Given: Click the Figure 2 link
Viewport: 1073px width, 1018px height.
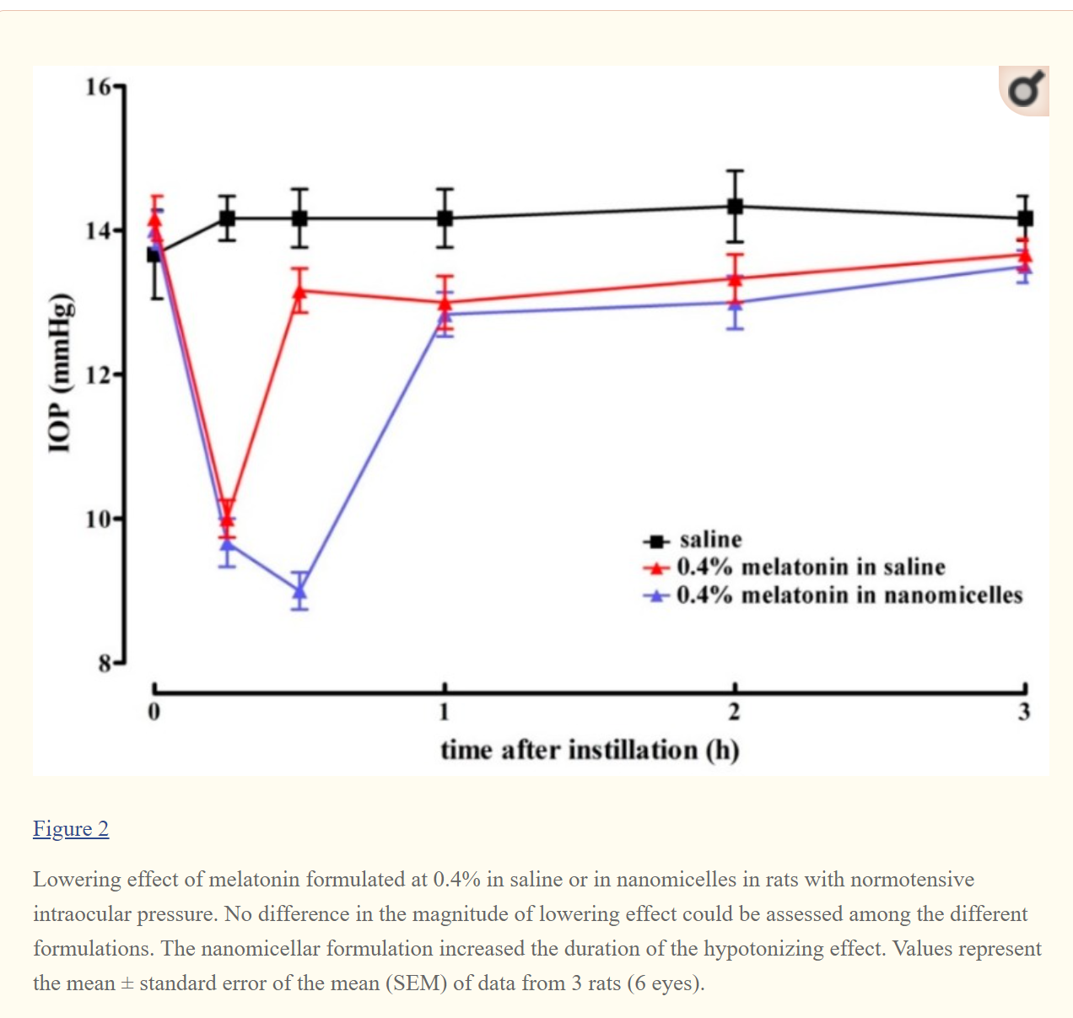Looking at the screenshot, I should pos(71,829).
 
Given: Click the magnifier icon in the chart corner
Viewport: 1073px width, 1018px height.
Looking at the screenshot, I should pos(1025,90).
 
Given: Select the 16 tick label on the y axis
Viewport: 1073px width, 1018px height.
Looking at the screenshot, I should pos(98,87).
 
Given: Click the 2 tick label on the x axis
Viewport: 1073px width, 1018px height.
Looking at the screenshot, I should pos(734,712).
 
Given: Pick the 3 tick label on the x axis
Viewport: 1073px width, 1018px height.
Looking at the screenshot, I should pos(1024,712).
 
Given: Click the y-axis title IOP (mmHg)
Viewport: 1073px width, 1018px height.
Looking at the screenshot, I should pos(59,374).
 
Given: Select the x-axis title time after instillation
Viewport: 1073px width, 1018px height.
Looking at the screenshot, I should pos(589,750).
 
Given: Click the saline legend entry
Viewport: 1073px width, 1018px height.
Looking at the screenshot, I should pos(710,540).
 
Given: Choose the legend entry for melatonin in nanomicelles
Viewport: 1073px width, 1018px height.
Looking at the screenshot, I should pos(849,595).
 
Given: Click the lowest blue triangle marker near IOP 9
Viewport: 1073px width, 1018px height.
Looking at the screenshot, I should pos(299,591).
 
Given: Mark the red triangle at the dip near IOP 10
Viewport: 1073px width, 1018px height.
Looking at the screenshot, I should pos(227,517).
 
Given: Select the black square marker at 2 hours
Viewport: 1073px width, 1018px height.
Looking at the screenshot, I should pos(736,207).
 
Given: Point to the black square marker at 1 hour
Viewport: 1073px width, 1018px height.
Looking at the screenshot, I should pos(445,218).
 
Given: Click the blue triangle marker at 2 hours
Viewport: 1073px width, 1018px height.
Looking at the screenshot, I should pos(736,303).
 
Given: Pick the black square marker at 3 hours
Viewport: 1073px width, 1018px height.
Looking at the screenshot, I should pos(1025,218).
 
